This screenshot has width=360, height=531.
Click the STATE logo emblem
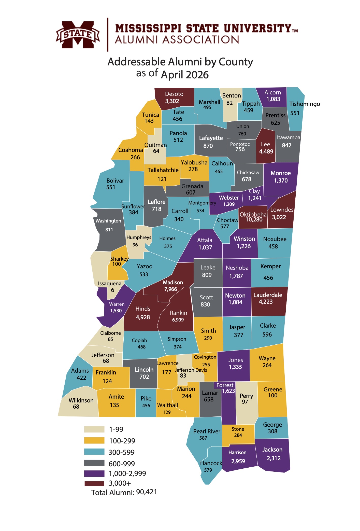pyautogui.click(x=78, y=35)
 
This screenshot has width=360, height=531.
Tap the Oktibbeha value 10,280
pyautogui.click(x=254, y=220)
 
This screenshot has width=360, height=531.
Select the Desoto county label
pyautogui.click(x=174, y=94)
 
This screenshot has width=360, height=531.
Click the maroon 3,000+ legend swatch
pyautogui.click(x=94, y=483)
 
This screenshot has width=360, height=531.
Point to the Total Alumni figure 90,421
pyautogui.click(x=147, y=492)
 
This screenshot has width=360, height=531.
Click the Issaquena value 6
pyautogui.click(x=112, y=290)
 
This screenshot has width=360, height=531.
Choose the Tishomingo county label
pyautogui.click(x=305, y=104)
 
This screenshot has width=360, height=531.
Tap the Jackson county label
pyautogui.click(x=272, y=450)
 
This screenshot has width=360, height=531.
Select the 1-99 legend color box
pyautogui.click(x=94, y=429)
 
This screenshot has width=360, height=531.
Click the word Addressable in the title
pyautogui.click(x=137, y=62)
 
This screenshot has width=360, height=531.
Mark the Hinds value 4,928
pyautogui.click(x=143, y=317)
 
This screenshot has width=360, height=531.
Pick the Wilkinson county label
pyautogui.click(x=81, y=400)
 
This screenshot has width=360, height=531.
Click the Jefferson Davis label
pyautogui.click(x=191, y=370)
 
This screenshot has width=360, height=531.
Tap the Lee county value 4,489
pyautogui.click(x=266, y=151)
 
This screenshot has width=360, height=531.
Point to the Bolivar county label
pyautogui.click(x=115, y=181)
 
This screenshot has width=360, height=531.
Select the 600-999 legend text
pyautogui.click(x=122, y=464)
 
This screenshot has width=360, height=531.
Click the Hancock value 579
pyautogui.click(x=208, y=470)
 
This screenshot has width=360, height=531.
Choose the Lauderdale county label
pyautogui.click(x=268, y=295)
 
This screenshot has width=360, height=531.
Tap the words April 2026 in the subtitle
pyautogui.click(x=185, y=75)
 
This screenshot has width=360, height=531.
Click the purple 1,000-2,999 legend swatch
pyautogui.click(x=94, y=473)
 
